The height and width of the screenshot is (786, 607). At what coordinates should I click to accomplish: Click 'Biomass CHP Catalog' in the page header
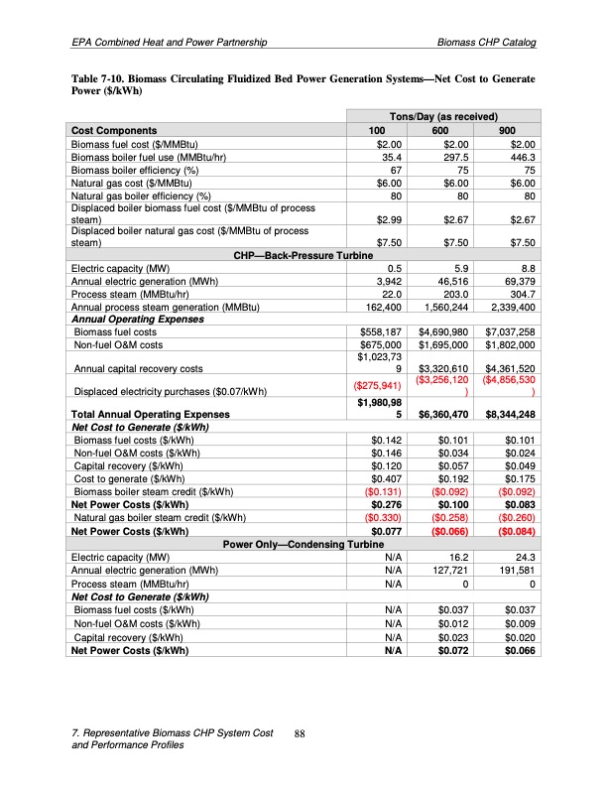(x=486, y=44)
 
